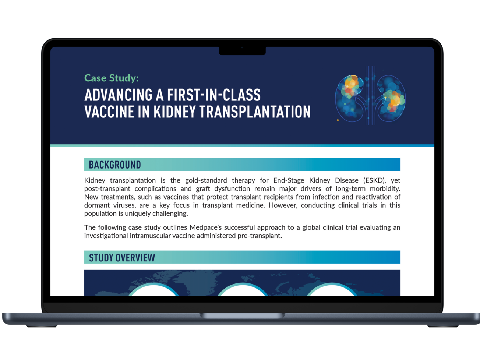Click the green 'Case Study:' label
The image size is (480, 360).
tap(112, 78)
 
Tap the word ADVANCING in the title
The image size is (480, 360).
tap(118, 95)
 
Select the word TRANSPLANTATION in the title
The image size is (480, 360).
tap(255, 112)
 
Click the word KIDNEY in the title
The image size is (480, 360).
tap(174, 112)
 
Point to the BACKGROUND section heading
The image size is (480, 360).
tap(115, 165)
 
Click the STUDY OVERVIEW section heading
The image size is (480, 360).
tap(122, 258)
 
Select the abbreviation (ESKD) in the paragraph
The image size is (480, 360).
tap(374, 180)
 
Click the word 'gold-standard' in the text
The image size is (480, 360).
tap(206, 180)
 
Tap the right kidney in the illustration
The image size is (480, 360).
tap(391, 98)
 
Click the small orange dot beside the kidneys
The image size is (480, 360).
tap(338, 120)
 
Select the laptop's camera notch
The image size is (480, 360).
tap(242, 51)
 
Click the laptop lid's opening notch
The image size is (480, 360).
tap(242, 315)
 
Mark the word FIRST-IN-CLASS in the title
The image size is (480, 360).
tap(214, 95)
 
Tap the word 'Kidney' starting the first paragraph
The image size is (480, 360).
tap(95, 180)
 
